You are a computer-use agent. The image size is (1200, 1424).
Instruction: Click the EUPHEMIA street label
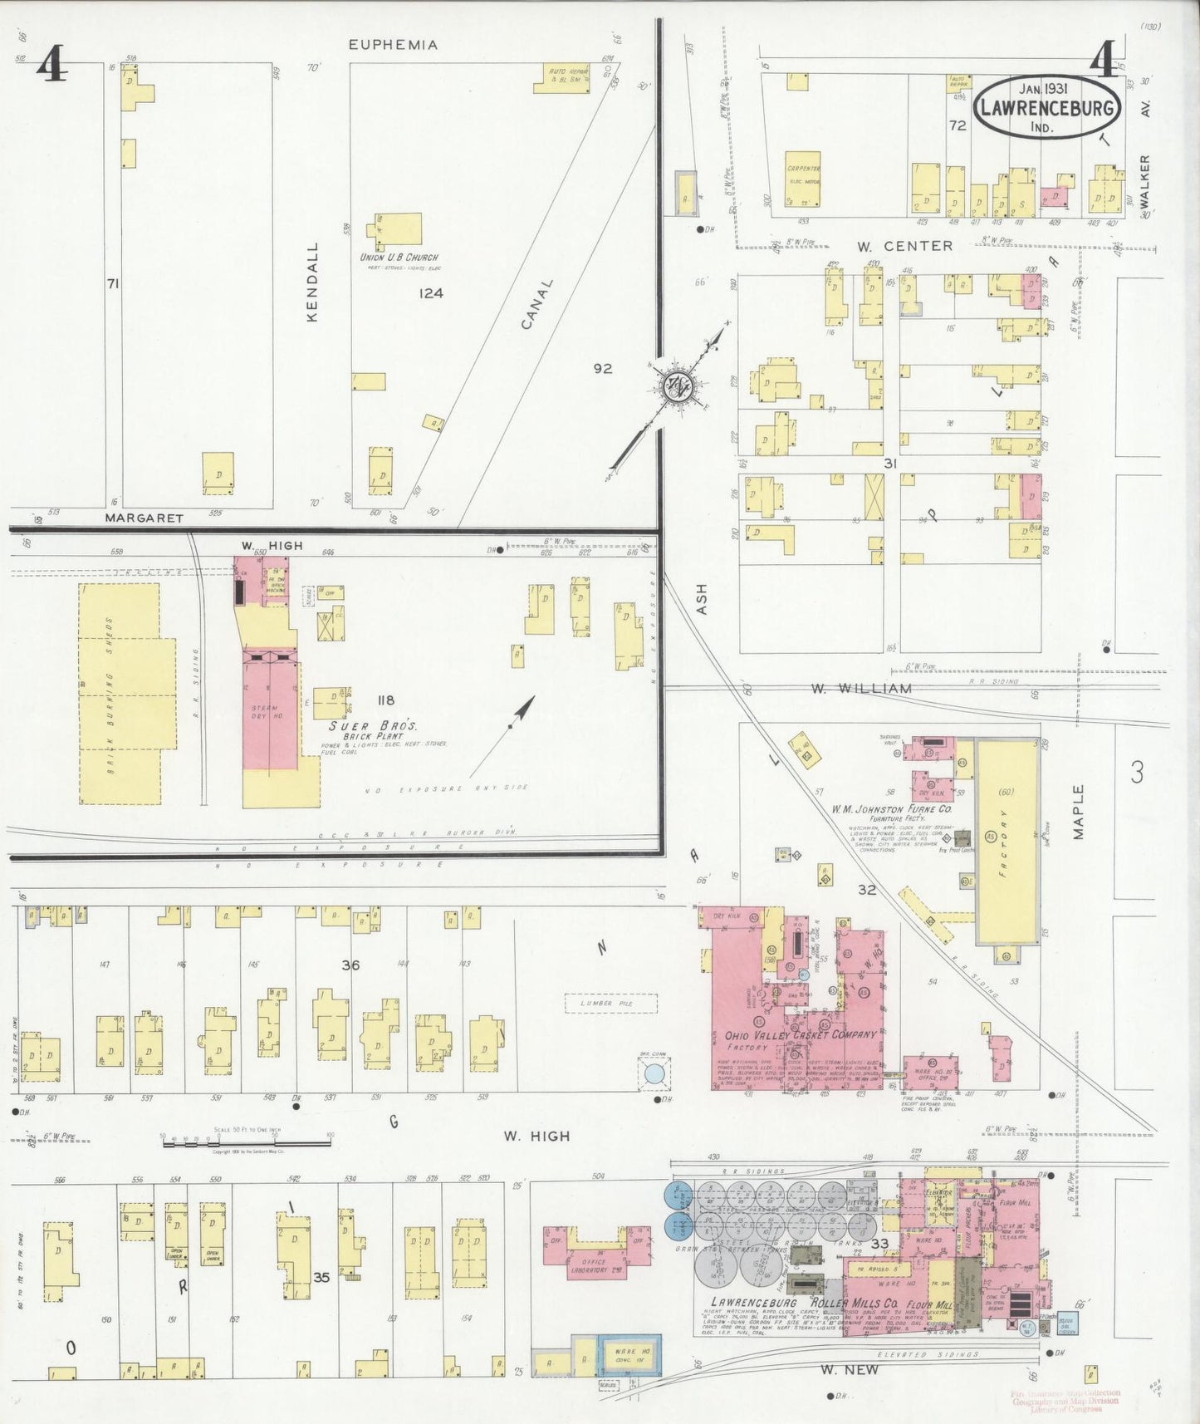(393, 45)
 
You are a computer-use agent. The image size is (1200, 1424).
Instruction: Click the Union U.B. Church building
(399, 229)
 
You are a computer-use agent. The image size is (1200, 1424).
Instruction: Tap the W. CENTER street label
(905, 246)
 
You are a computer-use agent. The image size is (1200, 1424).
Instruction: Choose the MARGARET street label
(144, 518)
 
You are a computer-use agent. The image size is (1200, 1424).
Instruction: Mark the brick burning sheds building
(120, 693)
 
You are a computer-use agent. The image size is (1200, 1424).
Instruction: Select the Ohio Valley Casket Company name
(801, 1035)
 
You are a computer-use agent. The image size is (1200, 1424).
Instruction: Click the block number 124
(431, 292)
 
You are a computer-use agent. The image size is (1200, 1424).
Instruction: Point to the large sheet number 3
(1136, 773)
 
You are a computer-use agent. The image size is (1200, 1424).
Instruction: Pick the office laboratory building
(595, 1254)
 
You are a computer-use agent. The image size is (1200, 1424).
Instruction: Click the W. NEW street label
(849, 1370)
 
